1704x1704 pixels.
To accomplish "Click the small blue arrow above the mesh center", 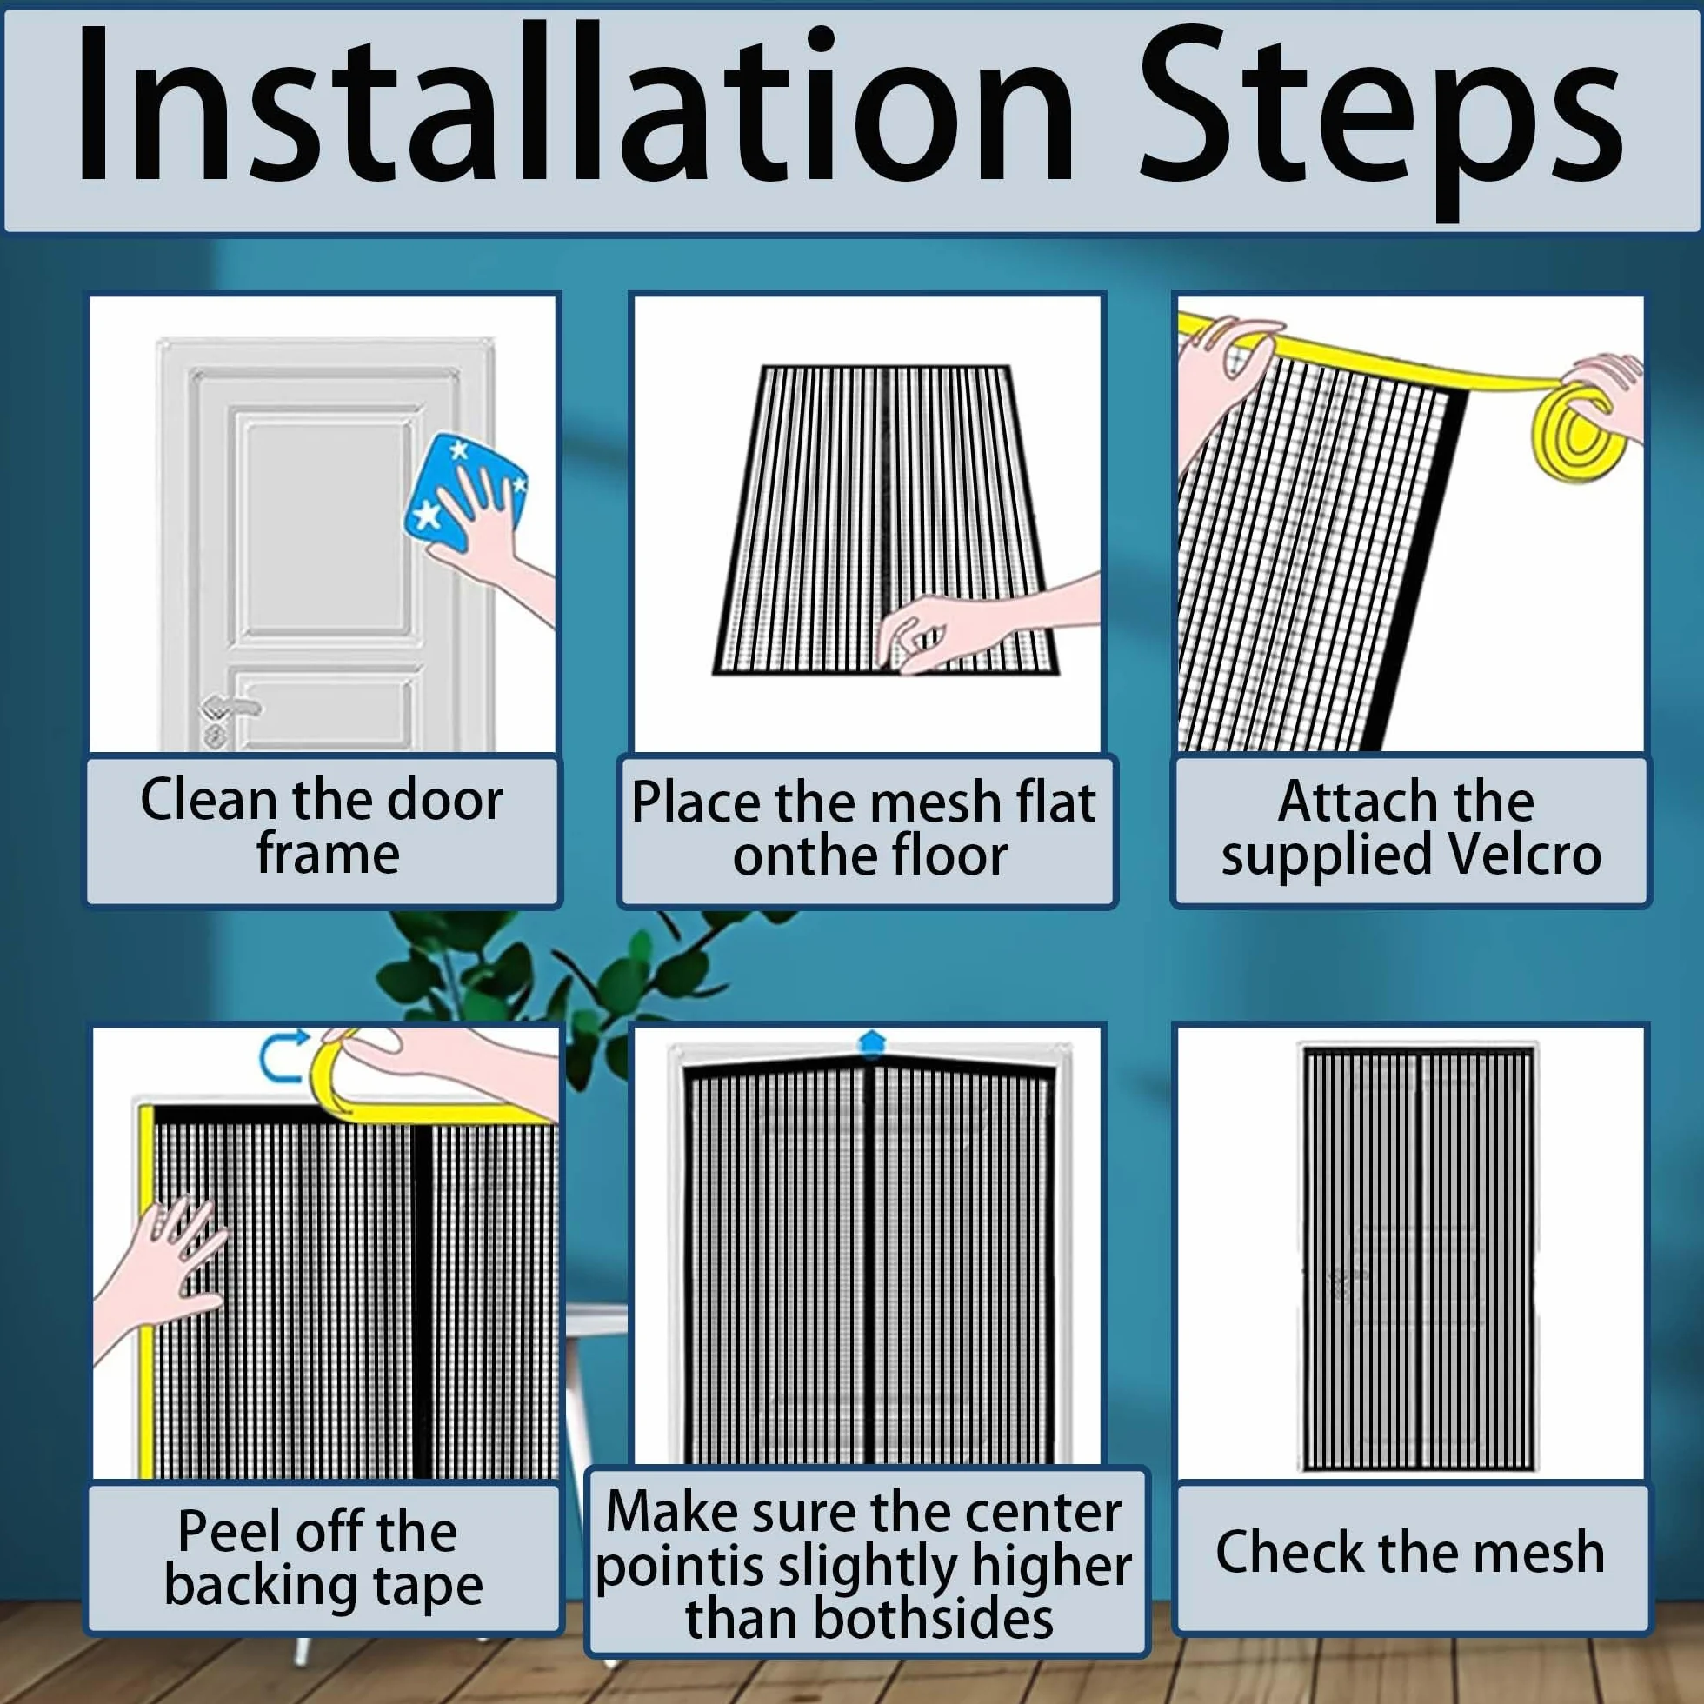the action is tap(870, 1042).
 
